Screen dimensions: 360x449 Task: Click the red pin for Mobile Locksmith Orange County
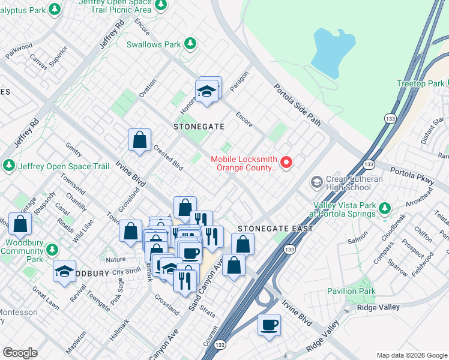[x=286, y=162]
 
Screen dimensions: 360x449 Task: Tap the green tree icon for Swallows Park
[x=190, y=43]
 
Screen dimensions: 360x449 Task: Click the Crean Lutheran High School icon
[x=316, y=181]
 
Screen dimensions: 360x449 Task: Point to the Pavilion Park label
[x=351, y=291]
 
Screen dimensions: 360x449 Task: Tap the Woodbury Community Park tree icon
[x=52, y=249]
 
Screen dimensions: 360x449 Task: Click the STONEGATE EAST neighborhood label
[x=275, y=229]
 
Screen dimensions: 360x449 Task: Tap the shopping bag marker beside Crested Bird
[x=139, y=141]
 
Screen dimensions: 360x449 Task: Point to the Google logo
[x=19, y=352]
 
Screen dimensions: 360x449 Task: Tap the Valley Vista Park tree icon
[x=385, y=208]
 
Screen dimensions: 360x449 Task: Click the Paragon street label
[x=238, y=87]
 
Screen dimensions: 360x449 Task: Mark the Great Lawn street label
[x=45, y=298]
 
